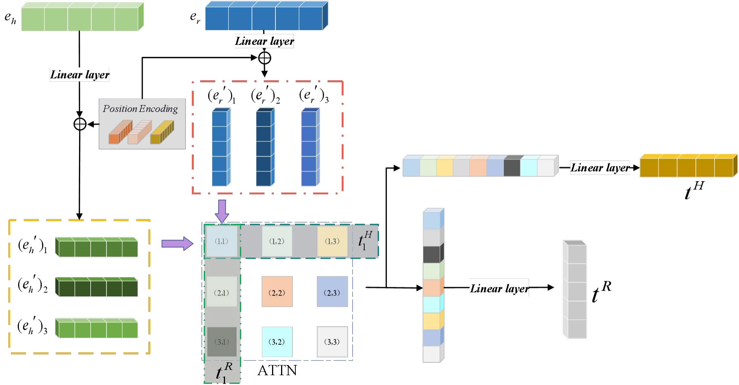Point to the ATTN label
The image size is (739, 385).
click(x=277, y=371)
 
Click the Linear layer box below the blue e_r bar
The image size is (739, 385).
click(x=264, y=41)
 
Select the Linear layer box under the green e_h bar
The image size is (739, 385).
click(x=80, y=75)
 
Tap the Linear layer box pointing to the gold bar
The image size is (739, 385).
click(x=600, y=168)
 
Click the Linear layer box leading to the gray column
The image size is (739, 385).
click(x=499, y=288)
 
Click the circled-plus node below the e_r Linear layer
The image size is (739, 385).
click(x=265, y=58)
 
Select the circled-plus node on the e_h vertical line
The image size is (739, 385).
click(x=80, y=124)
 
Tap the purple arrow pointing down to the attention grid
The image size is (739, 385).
click(x=222, y=211)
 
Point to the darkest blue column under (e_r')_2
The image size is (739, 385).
click(x=265, y=147)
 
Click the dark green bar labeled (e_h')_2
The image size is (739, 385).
click(x=97, y=287)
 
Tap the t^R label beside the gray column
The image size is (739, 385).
click(x=601, y=292)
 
